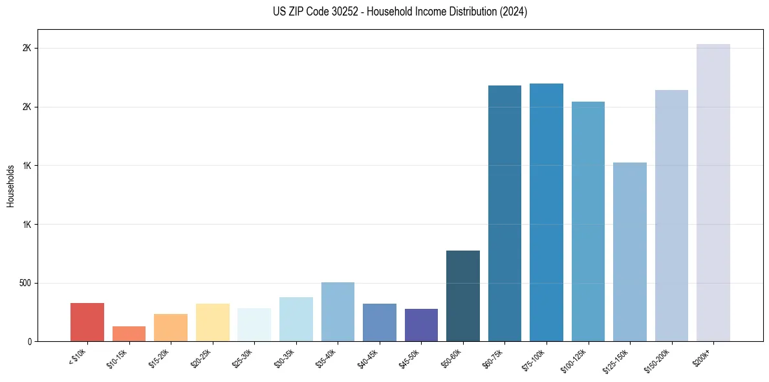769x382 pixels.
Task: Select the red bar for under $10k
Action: (x=87, y=322)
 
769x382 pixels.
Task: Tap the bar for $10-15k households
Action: (x=129, y=334)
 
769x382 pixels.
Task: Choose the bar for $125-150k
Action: (x=630, y=252)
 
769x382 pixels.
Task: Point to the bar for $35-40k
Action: (x=338, y=312)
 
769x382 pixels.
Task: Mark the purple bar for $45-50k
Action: (x=421, y=325)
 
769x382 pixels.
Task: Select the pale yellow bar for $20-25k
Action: (x=212, y=322)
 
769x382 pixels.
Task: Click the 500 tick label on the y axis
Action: (x=24, y=283)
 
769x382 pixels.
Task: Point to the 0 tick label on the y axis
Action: (x=28, y=342)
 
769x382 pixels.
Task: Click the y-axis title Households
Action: (x=10, y=186)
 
